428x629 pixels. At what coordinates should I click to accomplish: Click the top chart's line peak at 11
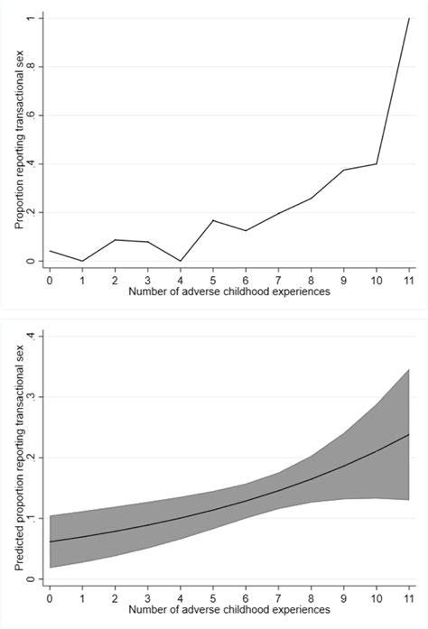click(x=409, y=18)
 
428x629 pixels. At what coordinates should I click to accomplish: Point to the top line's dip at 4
click(x=180, y=261)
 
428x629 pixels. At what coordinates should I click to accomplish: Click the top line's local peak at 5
click(x=212, y=220)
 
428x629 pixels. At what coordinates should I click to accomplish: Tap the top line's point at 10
click(x=377, y=163)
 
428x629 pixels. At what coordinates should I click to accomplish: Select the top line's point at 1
click(x=82, y=261)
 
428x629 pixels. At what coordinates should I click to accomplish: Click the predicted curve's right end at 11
click(x=409, y=434)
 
